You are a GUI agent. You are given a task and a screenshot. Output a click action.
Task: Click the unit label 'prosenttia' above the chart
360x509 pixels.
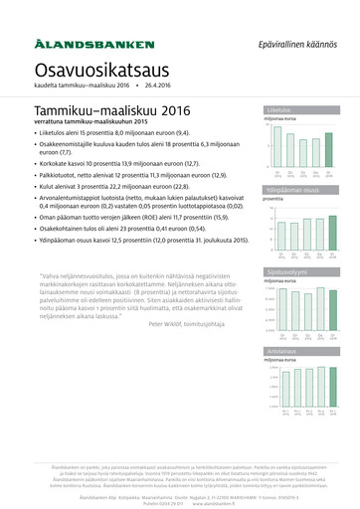tap(274, 200)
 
